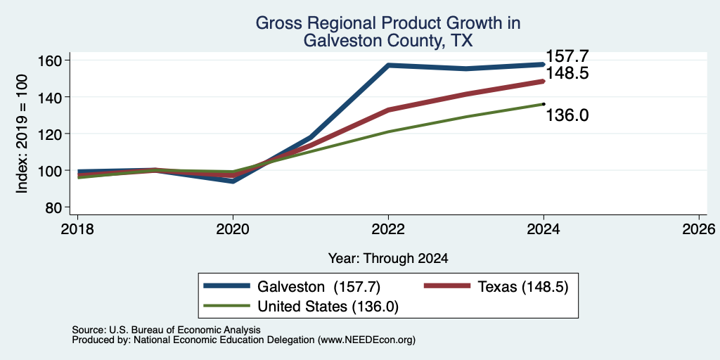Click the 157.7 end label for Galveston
coord(567,56)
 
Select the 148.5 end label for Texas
coord(567,73)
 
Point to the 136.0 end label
coord(567,116)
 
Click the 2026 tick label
coord(699,229)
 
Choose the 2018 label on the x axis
coord(78,229)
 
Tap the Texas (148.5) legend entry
coord(496,287)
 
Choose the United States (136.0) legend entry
coord(301,307)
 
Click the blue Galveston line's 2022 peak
coord(388,65)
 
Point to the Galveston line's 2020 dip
coord(233,181)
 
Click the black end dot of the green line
coord(544,104)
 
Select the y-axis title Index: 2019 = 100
coord(22,134)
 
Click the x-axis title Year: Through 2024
coord(388,259)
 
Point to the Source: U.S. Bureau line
coord(166,330)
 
